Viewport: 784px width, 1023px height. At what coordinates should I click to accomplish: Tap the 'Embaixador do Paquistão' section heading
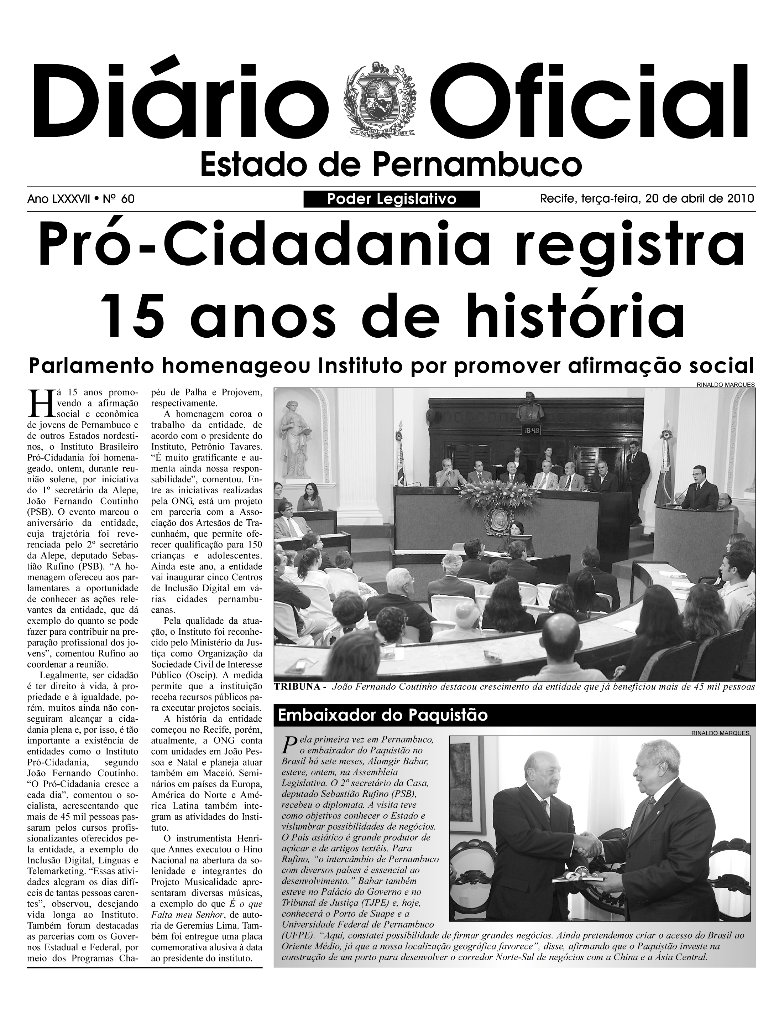click(x=383, y=715)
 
